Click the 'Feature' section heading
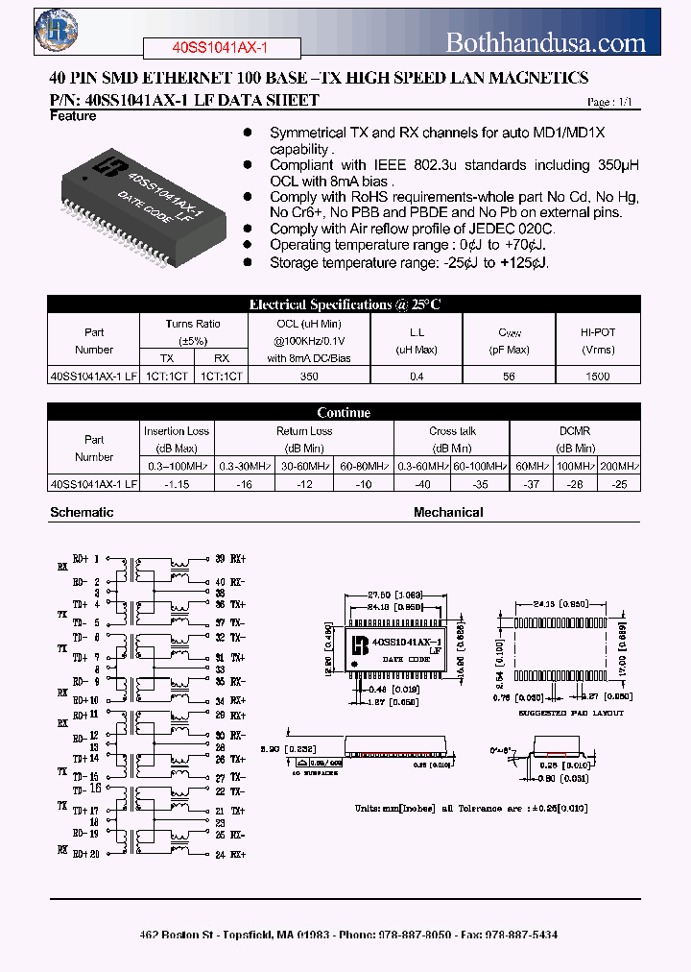(73, 116)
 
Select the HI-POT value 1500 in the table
(597, 377)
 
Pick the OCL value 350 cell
(309, 377)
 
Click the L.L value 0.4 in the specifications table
(417, 377)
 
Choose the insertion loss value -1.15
(178, 485)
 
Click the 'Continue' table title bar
(344, 412)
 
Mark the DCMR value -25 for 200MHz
(619, 485)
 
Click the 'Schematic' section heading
(82, 513)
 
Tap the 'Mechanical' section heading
(448, 513)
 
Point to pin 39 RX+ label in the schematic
(230, 558)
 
